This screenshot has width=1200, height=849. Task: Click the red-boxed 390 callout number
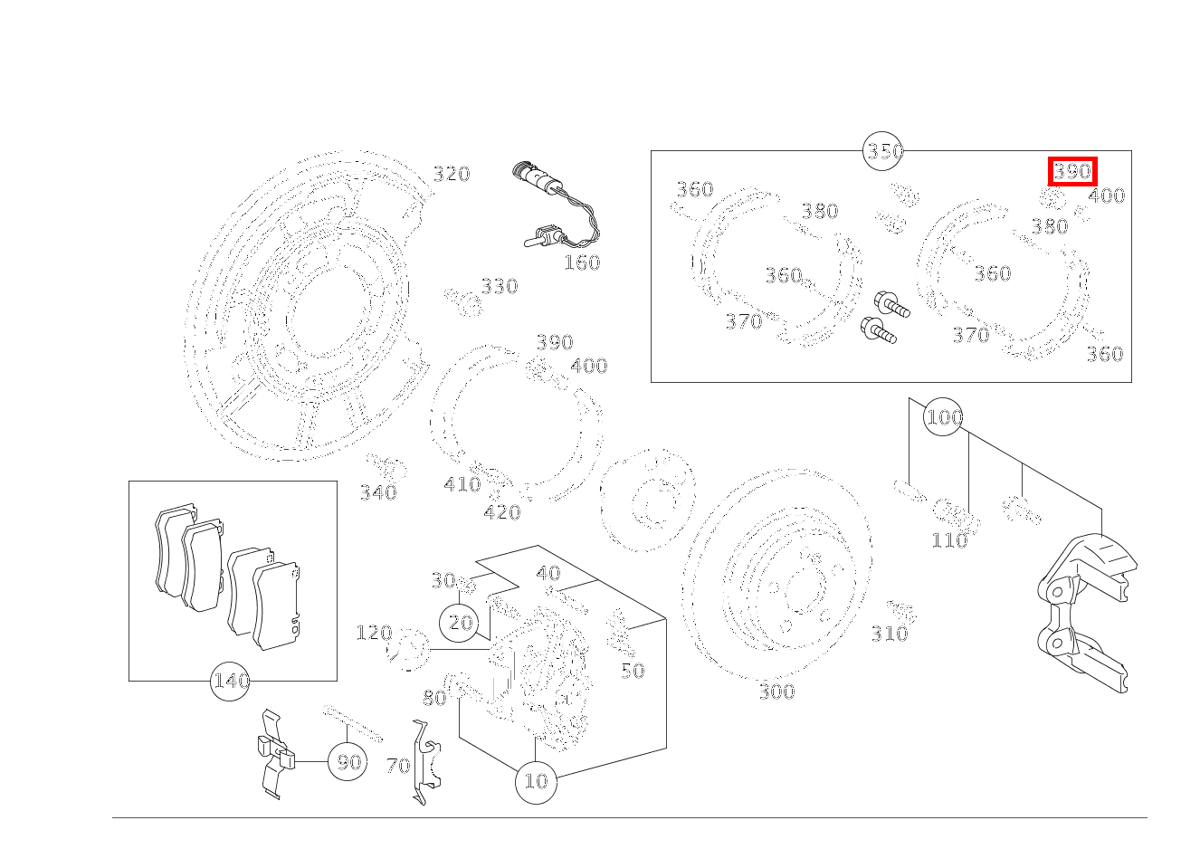coord(1072,171)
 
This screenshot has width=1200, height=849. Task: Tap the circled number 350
coord(884,151)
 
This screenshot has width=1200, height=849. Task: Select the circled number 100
coord(944,417)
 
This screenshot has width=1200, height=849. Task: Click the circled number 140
coord(230,681)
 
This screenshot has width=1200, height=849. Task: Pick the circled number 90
coord(348,762)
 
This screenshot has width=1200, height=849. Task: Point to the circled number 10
coord(536,780)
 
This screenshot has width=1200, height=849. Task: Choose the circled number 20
coord(461,623)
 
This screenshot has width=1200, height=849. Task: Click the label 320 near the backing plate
coord(451,175)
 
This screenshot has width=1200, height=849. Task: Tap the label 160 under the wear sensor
coord(581,263)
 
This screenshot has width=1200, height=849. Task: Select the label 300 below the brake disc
coord(776,692)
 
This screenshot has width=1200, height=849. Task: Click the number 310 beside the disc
coord(889,634)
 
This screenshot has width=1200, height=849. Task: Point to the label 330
coord(499,287)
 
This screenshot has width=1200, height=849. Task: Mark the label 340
coord(378,493)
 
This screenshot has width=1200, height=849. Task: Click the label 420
coord(501,513)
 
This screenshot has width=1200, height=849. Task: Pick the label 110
coord(949,541)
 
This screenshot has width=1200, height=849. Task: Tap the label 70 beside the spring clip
coord(397,767)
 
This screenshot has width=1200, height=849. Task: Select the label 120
coord(374,633)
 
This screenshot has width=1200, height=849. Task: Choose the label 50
coord(632,671)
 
